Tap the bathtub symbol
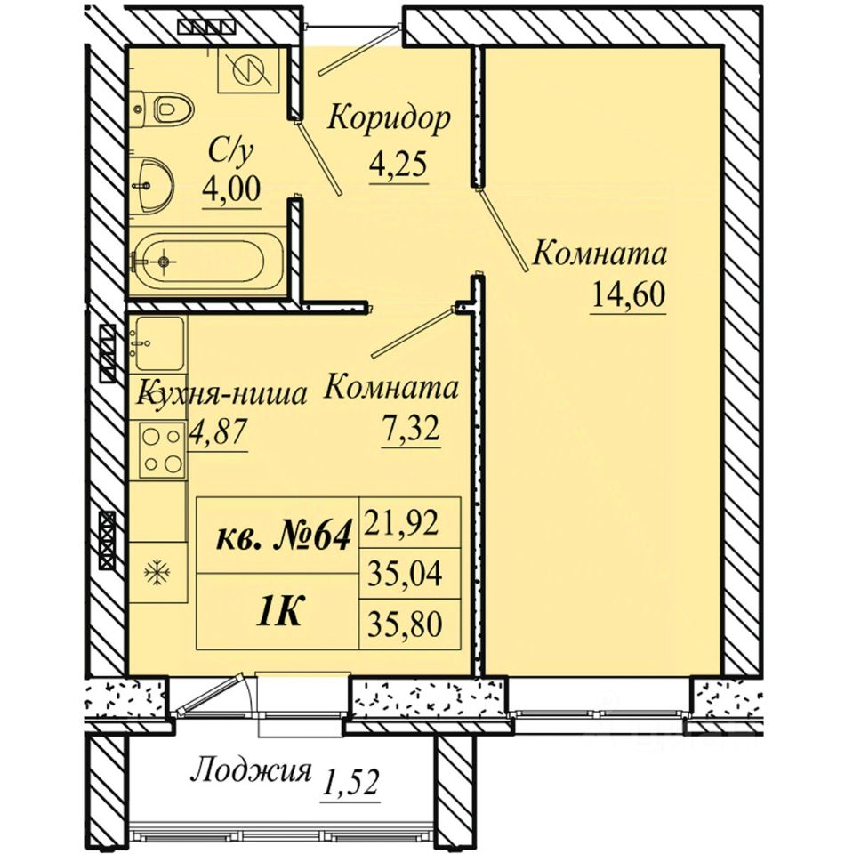[207, 262]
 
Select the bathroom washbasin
[151, 186]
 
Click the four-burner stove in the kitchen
[162, 450]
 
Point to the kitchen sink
[158, 343]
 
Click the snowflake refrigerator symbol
[157, 571]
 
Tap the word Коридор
[389, 117]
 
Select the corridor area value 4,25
[397, 165]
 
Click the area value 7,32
[411, 431]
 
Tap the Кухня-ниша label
[221, 392]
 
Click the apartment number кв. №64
[283, 536]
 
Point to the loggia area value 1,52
[350, 782]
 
